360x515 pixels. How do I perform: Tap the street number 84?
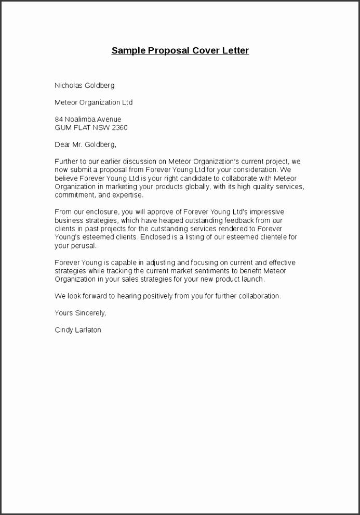(x=59, y=120)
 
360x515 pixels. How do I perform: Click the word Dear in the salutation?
(x=62, y=144)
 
